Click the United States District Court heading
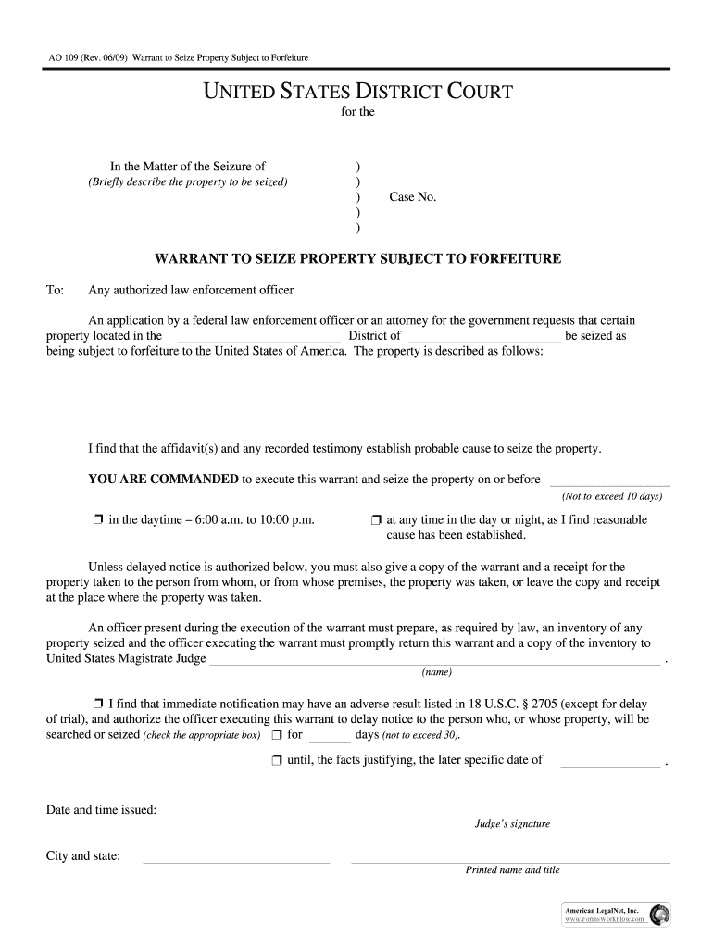point(356,92)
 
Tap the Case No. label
point(412,197)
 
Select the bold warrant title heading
point(356,258)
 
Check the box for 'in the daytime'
point(97,520)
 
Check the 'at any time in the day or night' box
point(376,520)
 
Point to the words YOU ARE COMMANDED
point(163,479)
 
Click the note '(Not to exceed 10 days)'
point(611,496)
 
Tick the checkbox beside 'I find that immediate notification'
point(98,703)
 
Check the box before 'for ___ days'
point(276,735)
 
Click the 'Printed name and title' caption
point(512,870)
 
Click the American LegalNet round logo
point(661,915)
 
